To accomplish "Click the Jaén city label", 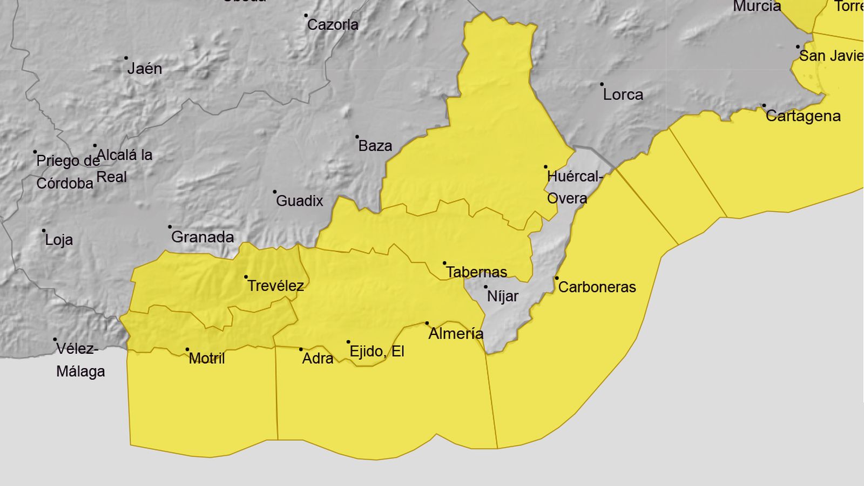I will click(x=145, y=69).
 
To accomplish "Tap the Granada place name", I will click(x=202, y=237).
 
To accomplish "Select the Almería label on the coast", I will click(x=456, y=333).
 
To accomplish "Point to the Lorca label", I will click(x=623, y=94).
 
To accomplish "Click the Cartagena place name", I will click(x=803, y=116).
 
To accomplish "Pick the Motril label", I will click(x=207, y=358).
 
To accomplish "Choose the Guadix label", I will click(x=300, y=201).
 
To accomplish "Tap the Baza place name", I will click(x=375, y=146).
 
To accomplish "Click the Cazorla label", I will click(x=333, y=24).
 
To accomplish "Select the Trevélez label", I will click(x=275, y=286).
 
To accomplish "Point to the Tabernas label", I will click(x=476, y=272).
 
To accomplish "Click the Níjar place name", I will click(x=503, y=296).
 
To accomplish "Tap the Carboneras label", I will click(x=597, y=287).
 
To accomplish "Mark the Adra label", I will click(x=318, y=358).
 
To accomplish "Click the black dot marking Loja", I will click(x=44, y=231).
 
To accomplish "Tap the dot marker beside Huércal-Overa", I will click(x=545, y=167).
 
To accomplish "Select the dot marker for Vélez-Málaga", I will click(x=55, y=340).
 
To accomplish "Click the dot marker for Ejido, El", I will click(x=348, y=342).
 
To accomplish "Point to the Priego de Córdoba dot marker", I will click(x=35, y=152).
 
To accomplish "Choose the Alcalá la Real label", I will click(x=124, y=166).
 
